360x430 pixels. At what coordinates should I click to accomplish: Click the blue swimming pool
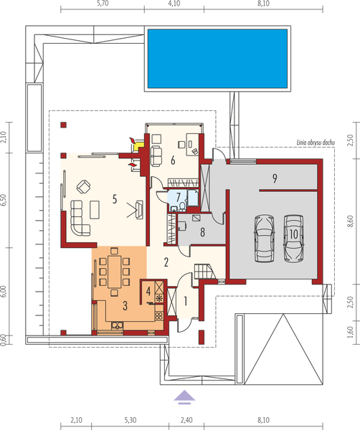(x=219, y=60)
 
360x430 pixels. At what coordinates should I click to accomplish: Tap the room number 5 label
(x=114, y=200)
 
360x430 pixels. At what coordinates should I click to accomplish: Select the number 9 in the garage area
(x=274, y=177)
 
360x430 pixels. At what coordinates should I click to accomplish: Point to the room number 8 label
(x=203, y=232)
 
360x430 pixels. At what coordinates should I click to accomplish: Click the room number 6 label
(x=173, y=161)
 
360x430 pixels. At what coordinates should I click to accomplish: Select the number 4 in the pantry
(x=148, y=292)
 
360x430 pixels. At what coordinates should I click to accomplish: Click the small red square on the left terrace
(x=64, y=125)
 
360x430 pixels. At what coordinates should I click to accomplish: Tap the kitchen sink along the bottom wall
(x=117, y=328)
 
